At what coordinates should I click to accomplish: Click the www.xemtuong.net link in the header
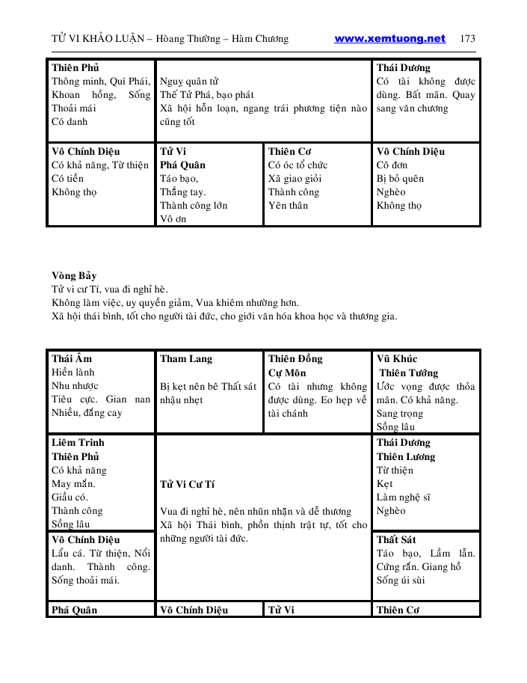[389, 39]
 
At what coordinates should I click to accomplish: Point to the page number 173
[467, 39]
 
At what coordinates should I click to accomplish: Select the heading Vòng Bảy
[74, 276]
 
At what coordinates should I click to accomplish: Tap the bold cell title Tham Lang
[186, 359]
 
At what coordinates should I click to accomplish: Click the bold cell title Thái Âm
[72, 359]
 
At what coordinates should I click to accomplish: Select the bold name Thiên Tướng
[409, 373]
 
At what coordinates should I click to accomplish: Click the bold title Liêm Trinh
[78, 443]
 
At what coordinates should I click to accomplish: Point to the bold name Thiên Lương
[406, 456]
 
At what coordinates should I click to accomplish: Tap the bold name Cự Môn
[287, 373]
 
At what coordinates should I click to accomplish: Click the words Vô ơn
[173, 219]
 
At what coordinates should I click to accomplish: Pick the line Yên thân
[288, 206]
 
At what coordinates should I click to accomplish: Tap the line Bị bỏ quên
[400, 179]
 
